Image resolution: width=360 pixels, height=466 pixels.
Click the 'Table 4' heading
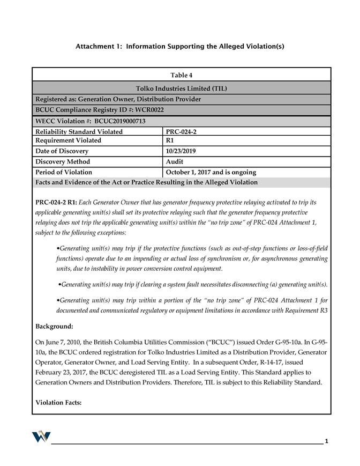(x=181, y=75)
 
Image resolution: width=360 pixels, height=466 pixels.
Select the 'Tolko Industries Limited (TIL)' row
(x=181, y=88)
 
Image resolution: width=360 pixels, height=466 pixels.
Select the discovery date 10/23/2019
(x=181, y=151)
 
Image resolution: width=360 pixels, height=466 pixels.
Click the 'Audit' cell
(x=175, y=161)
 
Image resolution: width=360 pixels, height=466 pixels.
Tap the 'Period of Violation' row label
(x=64, y=172)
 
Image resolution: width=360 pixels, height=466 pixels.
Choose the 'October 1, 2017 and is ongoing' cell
(x=211, y=172)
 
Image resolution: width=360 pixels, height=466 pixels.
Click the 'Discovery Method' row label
(x=63, y=161)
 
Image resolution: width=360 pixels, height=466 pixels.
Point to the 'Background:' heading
(x=54, y=326)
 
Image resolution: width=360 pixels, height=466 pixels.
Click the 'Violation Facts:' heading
(x=58, y=402)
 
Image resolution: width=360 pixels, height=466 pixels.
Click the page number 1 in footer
(x=326, y=441)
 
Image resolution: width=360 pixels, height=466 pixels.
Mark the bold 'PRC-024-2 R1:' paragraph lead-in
(x=56, y=203)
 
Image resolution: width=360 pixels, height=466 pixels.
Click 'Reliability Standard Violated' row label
(x=79, y=131)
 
